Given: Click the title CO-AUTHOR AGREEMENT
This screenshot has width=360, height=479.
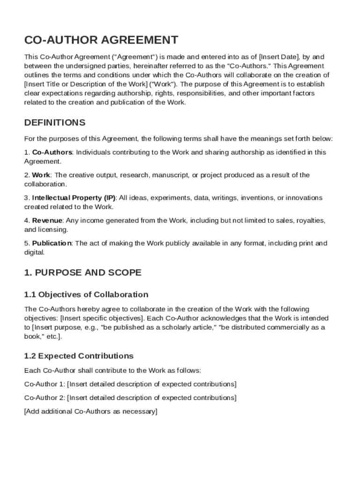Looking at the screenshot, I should click(101, 40).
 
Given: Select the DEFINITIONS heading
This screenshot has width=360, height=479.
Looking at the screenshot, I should click(55, 123).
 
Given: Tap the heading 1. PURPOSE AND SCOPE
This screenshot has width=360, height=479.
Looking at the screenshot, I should click(82, 272).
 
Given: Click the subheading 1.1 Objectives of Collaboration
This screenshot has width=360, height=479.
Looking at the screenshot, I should click(86, 295).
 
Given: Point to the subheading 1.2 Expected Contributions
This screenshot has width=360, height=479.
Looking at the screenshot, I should click(79, 356).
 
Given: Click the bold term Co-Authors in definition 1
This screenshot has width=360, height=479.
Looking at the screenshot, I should click(52, 152).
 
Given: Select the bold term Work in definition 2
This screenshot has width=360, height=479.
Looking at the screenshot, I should click(41, 175).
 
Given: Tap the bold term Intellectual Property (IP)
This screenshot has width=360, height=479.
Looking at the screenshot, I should click(74, 198).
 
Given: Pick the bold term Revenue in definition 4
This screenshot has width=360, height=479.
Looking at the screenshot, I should click(47, 220).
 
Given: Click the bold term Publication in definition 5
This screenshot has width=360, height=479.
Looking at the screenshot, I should click(52, 243).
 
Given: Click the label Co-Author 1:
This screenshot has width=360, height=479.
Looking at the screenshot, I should click(44, 384).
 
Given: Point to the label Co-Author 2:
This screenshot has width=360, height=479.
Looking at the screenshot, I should click(44, 398).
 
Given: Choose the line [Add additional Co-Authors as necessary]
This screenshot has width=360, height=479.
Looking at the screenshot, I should click(91, 411).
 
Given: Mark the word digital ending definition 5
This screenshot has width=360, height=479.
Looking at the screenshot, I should click(34, 252).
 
